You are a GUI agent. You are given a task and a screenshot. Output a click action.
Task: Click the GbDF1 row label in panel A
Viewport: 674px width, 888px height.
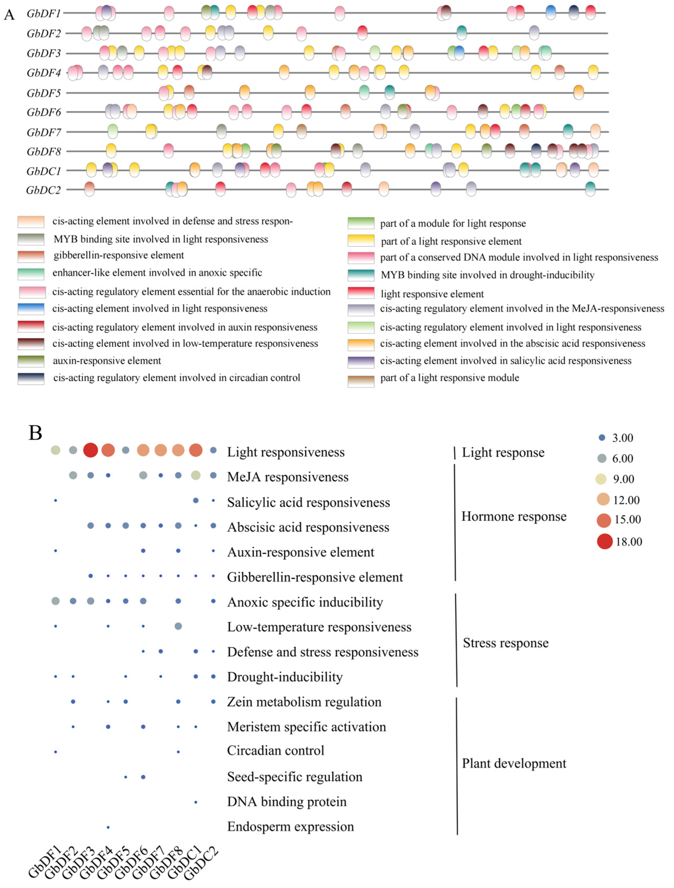point(43,14)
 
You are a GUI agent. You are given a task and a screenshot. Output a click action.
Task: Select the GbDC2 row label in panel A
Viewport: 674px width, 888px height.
point(43,190)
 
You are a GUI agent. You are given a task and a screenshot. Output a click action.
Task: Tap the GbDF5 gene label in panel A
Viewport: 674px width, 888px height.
point(43,93)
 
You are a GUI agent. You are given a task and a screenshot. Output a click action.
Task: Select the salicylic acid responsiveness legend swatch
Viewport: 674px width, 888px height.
point(361,361)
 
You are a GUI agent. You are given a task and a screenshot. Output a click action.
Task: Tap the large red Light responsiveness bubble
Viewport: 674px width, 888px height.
point(91,450)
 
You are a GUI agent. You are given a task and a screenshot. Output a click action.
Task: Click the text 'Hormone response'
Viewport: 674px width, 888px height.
point(514,516)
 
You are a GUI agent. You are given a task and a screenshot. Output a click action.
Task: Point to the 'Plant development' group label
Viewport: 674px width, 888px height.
point(514,763)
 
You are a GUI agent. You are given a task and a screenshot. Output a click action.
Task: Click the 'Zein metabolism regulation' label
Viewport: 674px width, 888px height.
point(304,702)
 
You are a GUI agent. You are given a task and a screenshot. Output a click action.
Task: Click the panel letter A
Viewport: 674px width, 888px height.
point(9,15)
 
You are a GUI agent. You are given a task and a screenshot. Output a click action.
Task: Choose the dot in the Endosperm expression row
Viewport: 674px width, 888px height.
point(108,827)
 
